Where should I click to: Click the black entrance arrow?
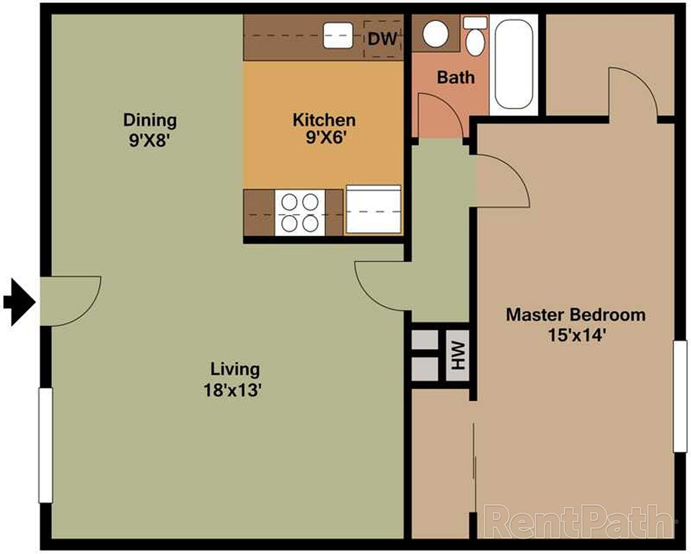[19, 302]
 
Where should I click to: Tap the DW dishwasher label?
[382, 39]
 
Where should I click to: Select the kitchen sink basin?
[336, 35]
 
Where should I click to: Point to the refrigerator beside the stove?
[373, 210]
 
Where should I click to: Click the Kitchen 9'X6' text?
[323, 128]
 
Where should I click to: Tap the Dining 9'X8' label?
[149, 128]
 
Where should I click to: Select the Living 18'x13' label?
[234, 379]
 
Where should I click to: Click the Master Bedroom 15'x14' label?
[575, 325]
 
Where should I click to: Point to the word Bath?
[456, 76]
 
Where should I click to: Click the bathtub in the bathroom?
[514, 64]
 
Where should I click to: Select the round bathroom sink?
[436, 33]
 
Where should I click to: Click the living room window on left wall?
[45, 445]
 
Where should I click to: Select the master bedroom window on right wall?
[679, 396]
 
